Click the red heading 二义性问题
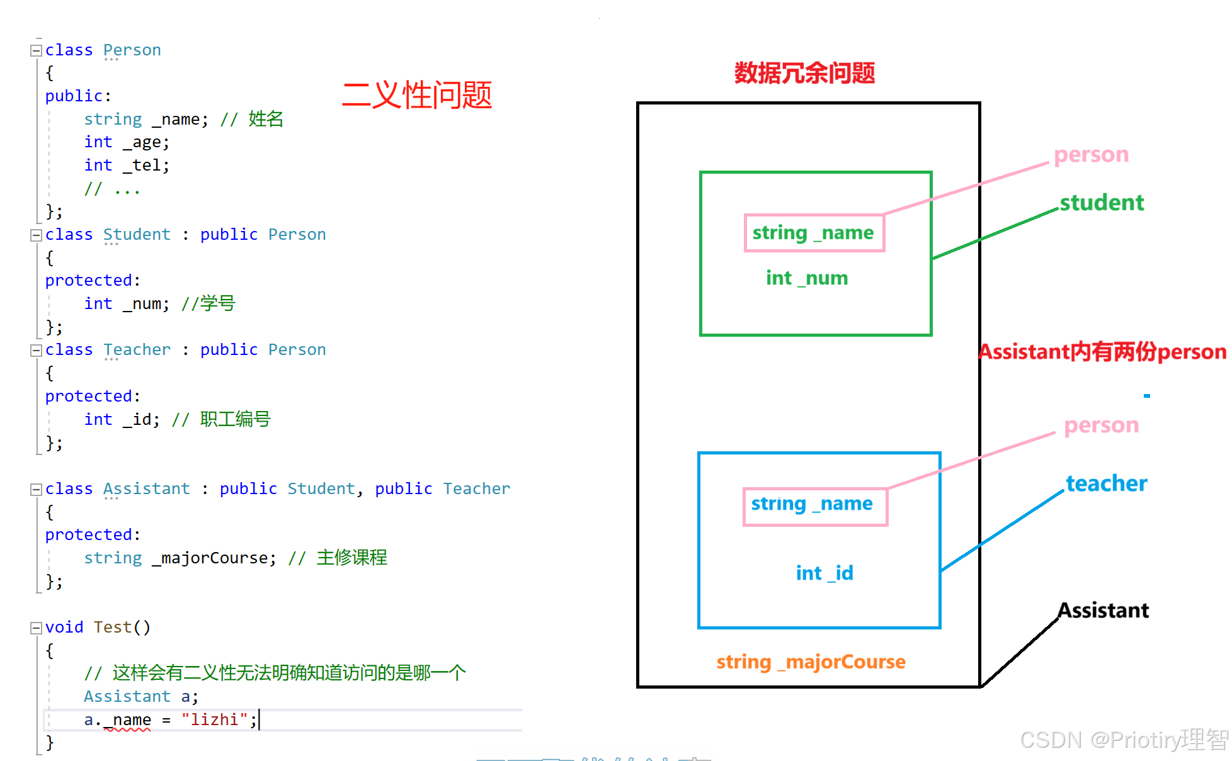tap(416, 96)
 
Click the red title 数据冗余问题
tap(804, 73)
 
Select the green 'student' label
tap(1101, 203)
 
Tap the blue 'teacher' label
tap(1106, 483)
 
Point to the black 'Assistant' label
tap(1103, 610)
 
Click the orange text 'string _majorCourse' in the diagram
tap(811, 662)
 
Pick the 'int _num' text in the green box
tap(807, 278)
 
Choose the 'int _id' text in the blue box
tap(824, 573)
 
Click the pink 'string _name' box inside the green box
tap(814, 233)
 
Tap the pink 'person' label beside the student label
tap(1091, 155)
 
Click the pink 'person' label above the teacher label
tap(1101, 426)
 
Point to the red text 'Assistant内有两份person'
tap(1102, 352)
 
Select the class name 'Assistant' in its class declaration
tap(146, 488)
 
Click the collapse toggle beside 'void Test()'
tap(36, 628)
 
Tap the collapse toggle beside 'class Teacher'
tap(36, 350)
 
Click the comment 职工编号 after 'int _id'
tap(235, 419)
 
